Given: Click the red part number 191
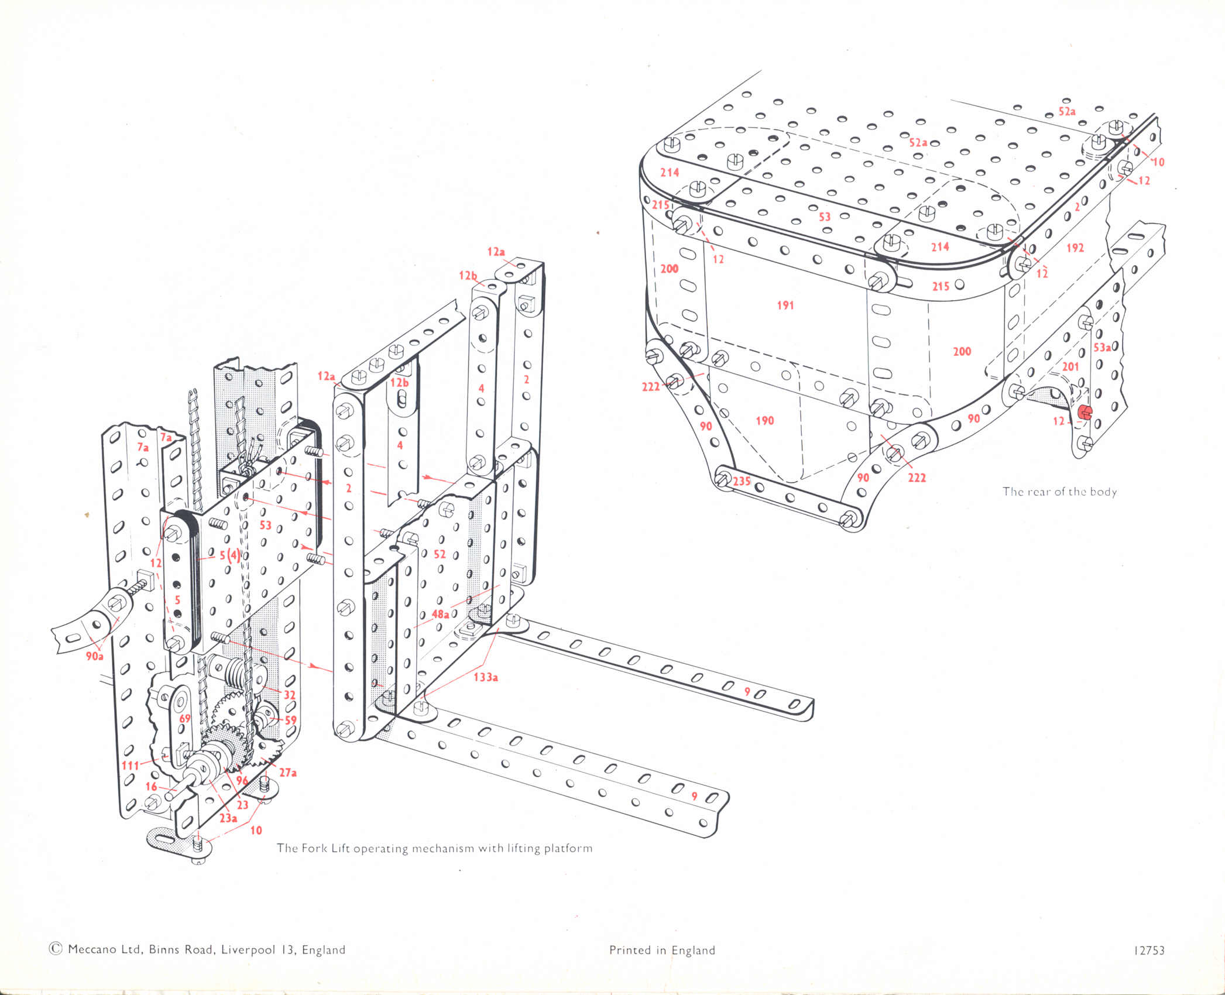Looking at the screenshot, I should click(785, 305).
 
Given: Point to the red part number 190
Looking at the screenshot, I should click(765, 420).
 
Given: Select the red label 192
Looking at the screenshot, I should click(1075, 248).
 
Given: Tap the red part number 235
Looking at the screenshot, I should click(742, 481).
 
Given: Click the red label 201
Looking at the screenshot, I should click(1070, 366).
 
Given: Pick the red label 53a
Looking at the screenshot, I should click(1102, 348).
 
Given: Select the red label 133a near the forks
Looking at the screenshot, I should click(486, 677).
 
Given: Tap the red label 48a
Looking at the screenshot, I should click(440, 614).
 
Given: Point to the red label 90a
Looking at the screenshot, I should click(95, 656).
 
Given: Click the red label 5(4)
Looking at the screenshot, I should click(229, 555).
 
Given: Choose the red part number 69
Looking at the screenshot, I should click(185, 719).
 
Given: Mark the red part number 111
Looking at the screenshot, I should click(131, 766).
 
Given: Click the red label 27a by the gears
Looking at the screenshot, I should click(287, 773).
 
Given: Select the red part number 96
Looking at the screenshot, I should click(242, 781).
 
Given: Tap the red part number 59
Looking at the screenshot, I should click(290, 720).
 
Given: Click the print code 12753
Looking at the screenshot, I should click(1149, 951).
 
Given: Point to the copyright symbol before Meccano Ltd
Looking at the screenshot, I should click(56, 949).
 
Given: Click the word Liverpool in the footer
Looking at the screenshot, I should click(248, 949).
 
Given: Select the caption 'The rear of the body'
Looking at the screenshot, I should click(1059, 492).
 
